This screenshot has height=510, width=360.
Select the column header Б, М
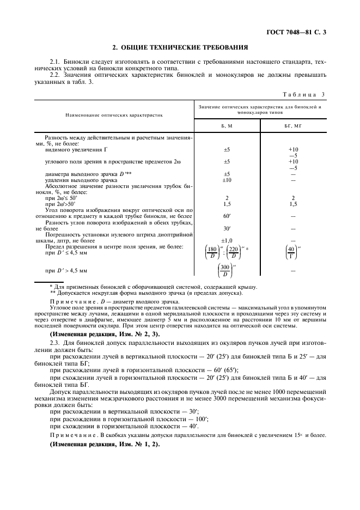tap(227, 125)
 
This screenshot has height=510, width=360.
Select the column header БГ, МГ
tap(293, 125)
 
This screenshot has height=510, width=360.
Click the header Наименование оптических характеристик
tap(114, 116)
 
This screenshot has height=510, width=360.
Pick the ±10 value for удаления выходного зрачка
tap(227, 180)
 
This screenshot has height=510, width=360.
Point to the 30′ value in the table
tap(227, 228)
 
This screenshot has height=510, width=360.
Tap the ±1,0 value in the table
tap(227, 240)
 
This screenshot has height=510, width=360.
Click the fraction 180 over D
tap(211, 253)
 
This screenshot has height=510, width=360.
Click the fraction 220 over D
tap(234, 253)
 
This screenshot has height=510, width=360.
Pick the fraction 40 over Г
tap(292, 253)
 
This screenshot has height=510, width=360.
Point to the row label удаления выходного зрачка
tap(81, 180)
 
